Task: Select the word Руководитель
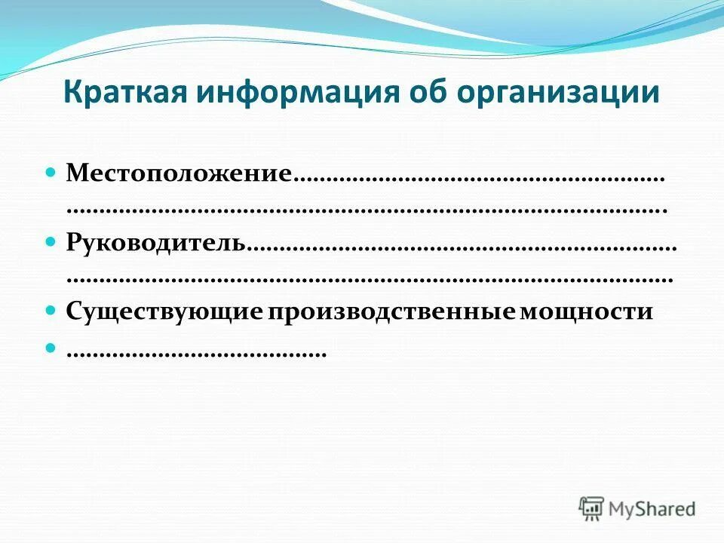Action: [156, 243]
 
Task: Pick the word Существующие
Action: [164, 312]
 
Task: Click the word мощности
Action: [585, 312]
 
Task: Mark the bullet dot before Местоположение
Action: [52, 173]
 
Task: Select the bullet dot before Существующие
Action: [52, 310]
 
